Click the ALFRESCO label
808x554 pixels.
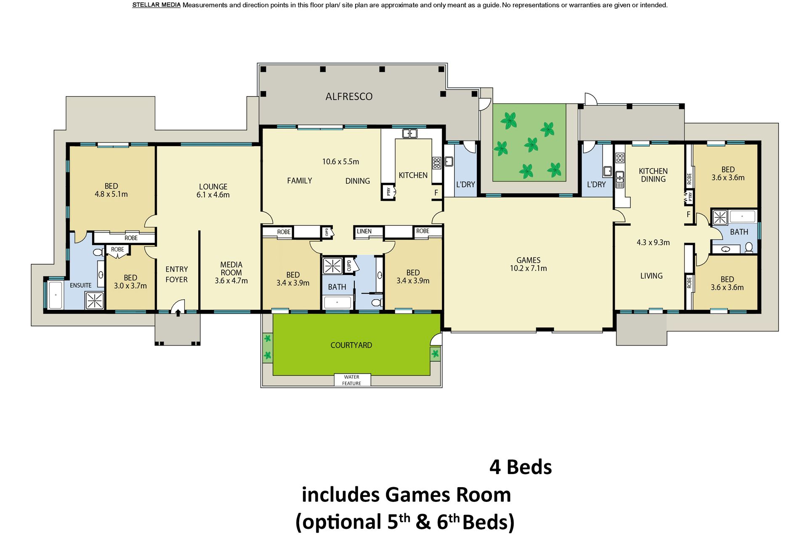point(349,97)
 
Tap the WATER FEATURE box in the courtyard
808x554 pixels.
point(352,380)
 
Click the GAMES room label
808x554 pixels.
point(528,260)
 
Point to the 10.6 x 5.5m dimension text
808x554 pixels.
point(340,161)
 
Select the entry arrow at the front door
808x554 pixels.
point(178,313)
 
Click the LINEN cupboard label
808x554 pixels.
point(364,231)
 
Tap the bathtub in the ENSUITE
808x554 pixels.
point(55,295)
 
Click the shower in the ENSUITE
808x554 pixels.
point(94,301)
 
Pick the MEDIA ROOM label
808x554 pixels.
point(231,269)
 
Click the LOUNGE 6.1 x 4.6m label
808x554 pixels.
point(213,190)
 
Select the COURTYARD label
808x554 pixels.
point(351,345)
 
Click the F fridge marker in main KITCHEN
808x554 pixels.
point(436,193)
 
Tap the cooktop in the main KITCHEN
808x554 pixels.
point(436,163)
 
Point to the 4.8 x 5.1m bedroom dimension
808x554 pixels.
point(111,194)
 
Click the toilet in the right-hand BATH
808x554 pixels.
point(749,248)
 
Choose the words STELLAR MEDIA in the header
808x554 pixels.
point(156,5)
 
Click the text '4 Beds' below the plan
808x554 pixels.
point(521,467)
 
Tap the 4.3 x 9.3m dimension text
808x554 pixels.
point(653,243)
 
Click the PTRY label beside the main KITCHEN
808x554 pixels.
point(389,192)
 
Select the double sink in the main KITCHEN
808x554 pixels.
point(409,134)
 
